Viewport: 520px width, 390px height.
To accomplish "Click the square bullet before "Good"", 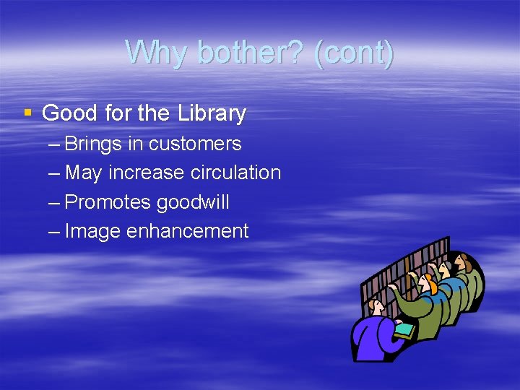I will click(x=28, y=113).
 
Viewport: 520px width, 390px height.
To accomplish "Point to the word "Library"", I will click(x=210, y=113).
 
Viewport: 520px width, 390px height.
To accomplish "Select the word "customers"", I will click(x=195, y=144).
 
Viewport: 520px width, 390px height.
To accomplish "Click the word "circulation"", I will click(x=235, y=173).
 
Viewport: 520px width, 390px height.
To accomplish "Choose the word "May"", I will click(x=83, y=173).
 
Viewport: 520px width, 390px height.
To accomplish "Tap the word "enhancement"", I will click(x=188, y=231).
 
